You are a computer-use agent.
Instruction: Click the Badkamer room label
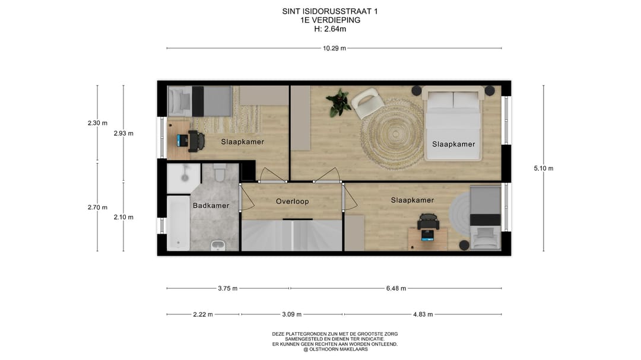point(211,206)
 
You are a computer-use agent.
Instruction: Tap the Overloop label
point(292,201)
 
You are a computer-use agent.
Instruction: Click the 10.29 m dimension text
point(334,48)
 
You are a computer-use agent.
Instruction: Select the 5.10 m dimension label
point(543,168)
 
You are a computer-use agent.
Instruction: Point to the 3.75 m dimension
point(227,288)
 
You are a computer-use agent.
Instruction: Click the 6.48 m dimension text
point(396,288)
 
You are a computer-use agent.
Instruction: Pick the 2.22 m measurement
point(203,314)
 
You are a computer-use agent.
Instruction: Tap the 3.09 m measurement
point(291,314)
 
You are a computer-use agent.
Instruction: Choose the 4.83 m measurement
point(423,314)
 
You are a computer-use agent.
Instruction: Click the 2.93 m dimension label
point(123,133)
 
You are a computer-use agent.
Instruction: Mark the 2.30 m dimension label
point(97,123)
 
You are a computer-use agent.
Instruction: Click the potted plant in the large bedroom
point(339,102)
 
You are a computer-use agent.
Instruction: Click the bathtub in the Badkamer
point(177,223)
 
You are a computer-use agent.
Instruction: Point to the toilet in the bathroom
point(218,173)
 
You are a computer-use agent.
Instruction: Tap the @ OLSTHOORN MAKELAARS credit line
point(335,349)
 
